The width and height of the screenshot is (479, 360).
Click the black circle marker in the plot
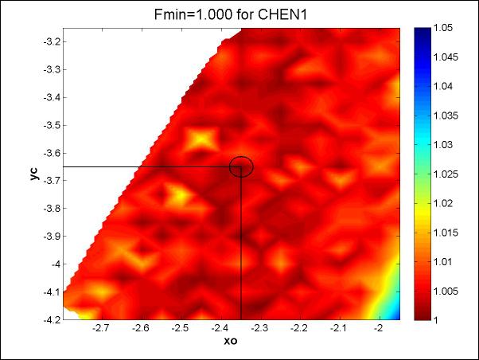241,166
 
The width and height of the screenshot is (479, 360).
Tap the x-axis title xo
231,342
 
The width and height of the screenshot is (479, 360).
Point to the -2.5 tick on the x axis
180,327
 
